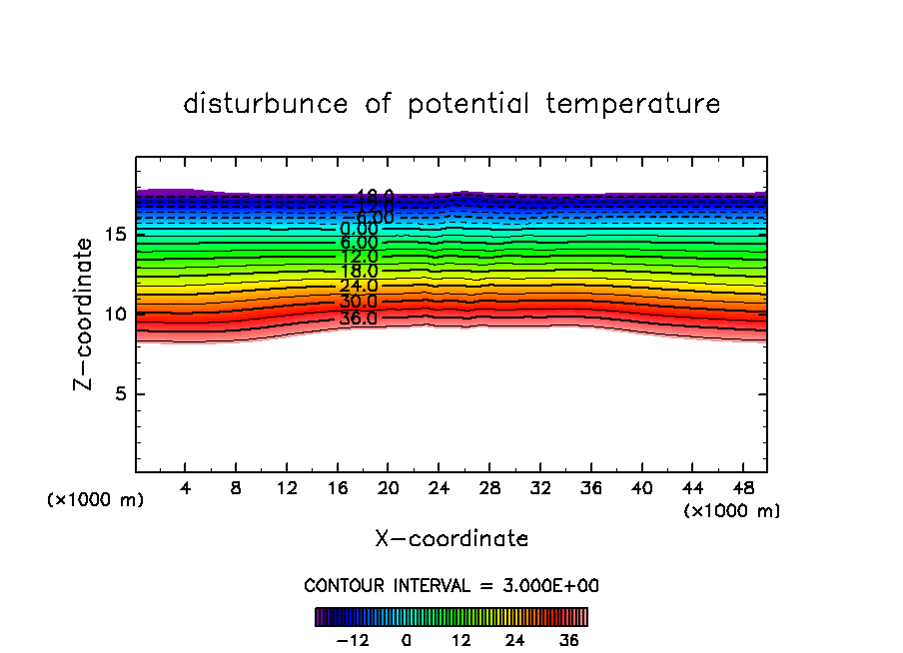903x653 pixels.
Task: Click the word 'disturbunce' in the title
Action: click(x=266, y=104)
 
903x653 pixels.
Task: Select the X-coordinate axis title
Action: click(x=451, y=539)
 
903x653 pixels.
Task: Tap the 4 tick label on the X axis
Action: click(x=186, y=489)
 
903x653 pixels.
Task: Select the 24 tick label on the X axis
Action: click(x=438, y=489)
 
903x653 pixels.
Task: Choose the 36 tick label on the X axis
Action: click(x=589, y=489)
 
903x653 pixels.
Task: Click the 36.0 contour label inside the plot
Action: click(x=359, y=319)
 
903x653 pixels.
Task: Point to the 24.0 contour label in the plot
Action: click(x=359, y=287)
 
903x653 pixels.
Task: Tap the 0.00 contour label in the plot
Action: click(x=359, y=229)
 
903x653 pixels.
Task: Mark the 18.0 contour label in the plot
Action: click(x=359, y=272)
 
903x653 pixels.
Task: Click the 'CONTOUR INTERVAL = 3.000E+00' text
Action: click(x=451, y=586)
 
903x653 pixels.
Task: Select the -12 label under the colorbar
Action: click(x=354, y=641)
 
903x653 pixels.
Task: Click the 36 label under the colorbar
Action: click(x=568, y=641)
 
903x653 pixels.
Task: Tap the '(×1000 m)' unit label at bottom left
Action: click(x=96, y=500)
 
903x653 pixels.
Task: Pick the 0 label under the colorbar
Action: click(x=407, y=641)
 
